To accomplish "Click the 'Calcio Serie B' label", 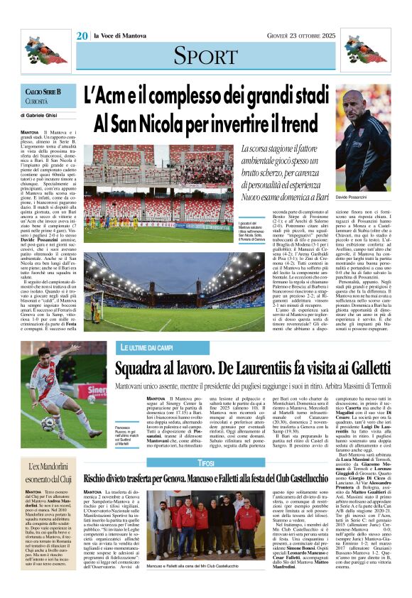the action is tap(43, 92).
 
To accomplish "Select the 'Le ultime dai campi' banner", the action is tap(146, 347).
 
